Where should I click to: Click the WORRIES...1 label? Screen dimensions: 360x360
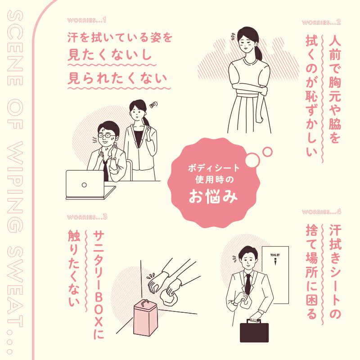[x=86, y=20]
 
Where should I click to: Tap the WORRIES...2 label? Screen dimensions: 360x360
[x=321, y=22]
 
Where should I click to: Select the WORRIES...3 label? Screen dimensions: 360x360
[x=86, y=217]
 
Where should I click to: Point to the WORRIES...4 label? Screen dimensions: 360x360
[x=321, y=211]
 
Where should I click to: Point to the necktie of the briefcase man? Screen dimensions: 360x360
[x=248, y=283]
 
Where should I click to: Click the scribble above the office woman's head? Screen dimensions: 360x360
[x=154, y=104]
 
